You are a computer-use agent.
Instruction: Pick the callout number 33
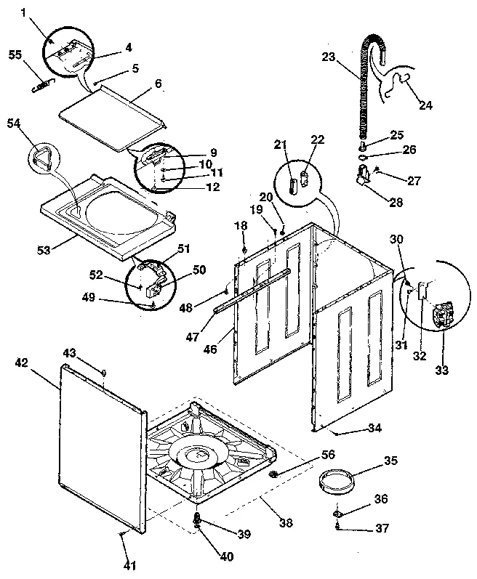click(x=442, y=370)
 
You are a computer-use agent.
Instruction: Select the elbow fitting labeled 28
click(x=361, y=178)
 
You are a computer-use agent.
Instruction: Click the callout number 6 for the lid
click(x=157, y=84)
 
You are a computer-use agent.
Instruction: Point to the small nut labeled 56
click(x=273, y=474)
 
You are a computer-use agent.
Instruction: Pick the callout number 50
click(x=199, y=270)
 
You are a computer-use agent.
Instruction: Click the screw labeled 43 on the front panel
click(x=104, y=373)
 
